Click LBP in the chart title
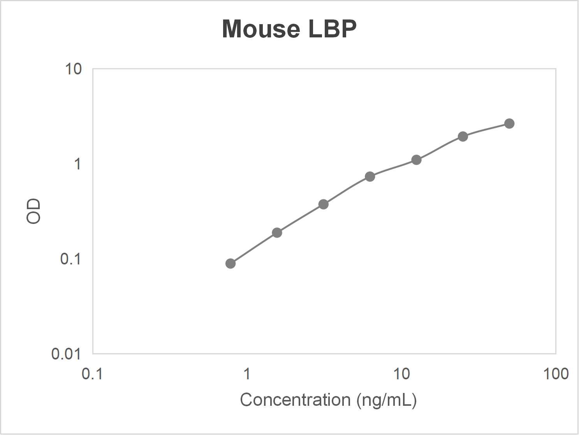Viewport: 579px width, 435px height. point(332,29)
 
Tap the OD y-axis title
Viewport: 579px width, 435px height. point(33,211)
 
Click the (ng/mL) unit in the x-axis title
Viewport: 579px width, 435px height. point(387,400)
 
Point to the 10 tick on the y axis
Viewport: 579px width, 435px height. point(73,69)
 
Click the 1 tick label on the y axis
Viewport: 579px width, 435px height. point(77,164)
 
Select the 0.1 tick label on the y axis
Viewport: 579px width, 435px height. point(70,259)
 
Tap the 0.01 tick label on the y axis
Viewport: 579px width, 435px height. point(66,354)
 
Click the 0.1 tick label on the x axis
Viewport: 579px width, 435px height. point(92,374)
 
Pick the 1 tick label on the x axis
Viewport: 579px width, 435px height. point(246,374)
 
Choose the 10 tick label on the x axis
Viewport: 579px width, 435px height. point(401,374)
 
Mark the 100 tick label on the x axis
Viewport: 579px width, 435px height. point(556,374)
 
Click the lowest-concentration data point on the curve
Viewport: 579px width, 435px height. point(231,264)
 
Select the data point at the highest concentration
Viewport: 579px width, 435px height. point(509,123)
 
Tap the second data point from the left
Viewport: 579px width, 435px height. point(277,233)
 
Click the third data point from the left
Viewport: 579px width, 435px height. point(324,204)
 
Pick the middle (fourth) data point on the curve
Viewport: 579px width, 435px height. point(370,177)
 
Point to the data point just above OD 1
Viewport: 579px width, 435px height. point(416,160)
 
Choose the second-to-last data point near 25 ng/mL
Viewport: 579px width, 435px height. point(463,136)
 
